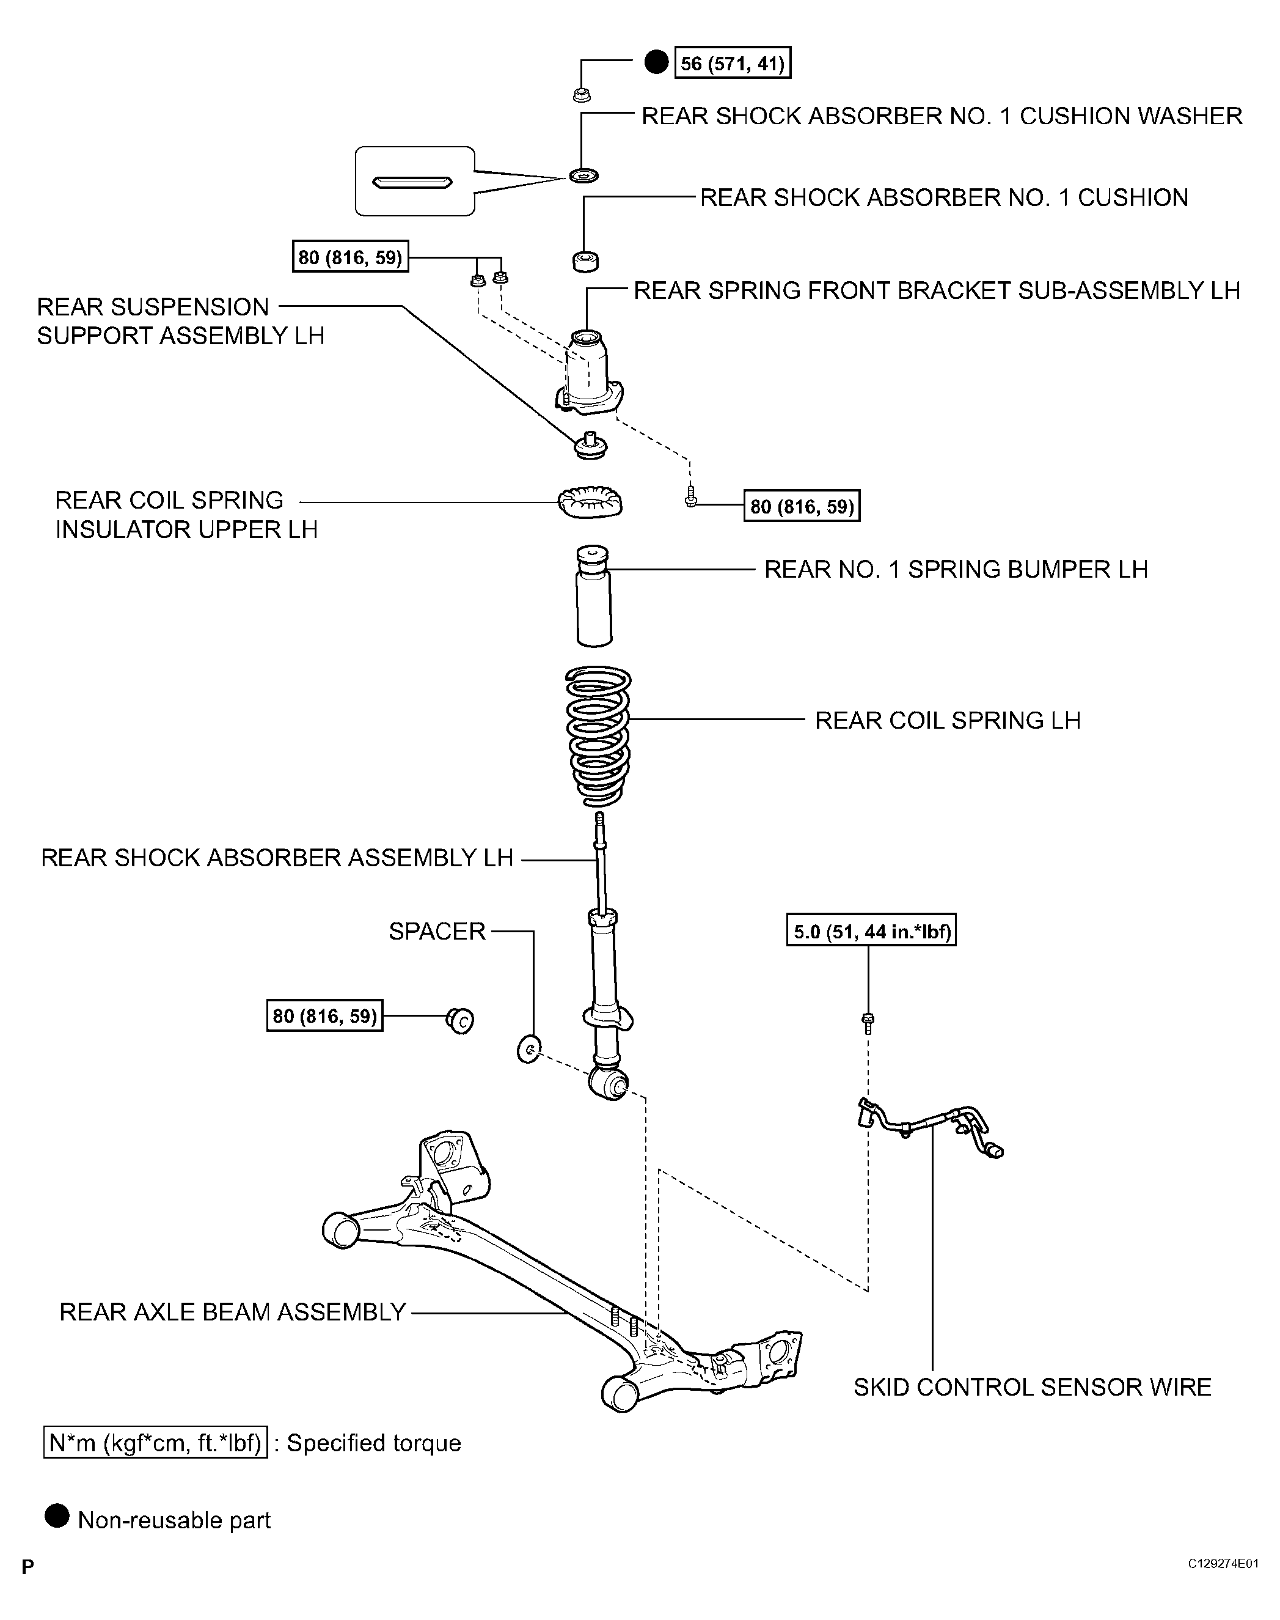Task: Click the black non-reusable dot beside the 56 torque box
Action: tap(656, 63)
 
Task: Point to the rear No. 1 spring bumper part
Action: tap(593, 597)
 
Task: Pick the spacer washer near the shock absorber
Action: tap(528, 1049)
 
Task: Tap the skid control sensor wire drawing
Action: tap(929, 1129)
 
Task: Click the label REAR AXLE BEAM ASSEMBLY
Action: tap(232, 1311)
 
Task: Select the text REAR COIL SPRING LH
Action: tap(947, 720)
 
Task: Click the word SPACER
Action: tap(437, 931)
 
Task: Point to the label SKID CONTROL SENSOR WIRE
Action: tap(1032, 1387)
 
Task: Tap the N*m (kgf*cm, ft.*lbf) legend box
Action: tap(156, 1443)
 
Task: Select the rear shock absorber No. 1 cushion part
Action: tap(585, 261)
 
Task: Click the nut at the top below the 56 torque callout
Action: tap(582, 95)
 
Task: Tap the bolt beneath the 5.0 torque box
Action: tap(868, 1022)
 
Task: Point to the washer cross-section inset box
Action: tap(414, 182)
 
